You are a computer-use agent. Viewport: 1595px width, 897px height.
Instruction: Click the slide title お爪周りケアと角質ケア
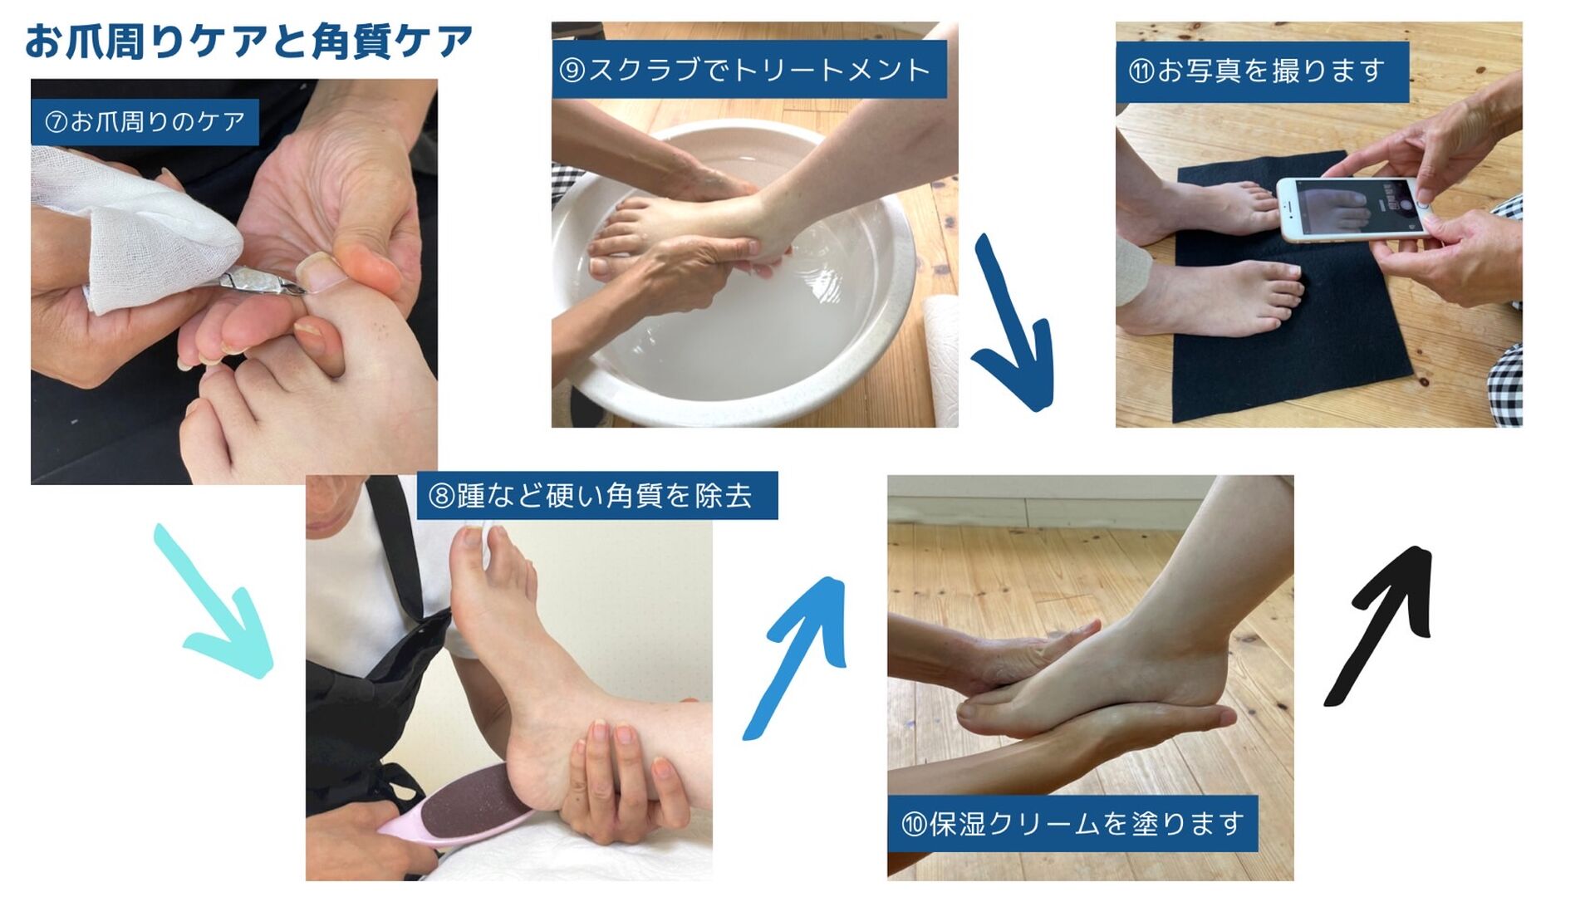point(248,42)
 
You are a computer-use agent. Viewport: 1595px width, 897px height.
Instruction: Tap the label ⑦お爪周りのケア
point(145,122)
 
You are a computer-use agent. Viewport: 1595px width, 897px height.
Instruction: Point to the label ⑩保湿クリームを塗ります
point(1072,823)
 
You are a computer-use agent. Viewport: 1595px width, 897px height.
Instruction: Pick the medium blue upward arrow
point(796,656)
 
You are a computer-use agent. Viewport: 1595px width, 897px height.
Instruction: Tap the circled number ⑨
point(573,70)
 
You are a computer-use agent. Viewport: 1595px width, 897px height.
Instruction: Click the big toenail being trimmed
point(317,271)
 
